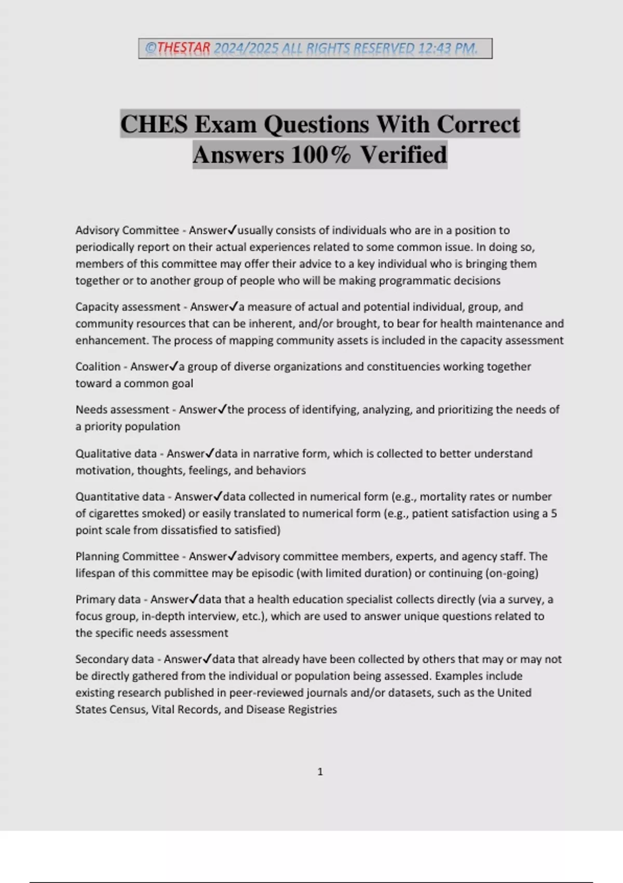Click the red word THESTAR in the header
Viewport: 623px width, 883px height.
pos(183,48)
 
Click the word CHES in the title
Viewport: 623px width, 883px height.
pos(154,125)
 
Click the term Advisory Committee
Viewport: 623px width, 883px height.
pos(127,230)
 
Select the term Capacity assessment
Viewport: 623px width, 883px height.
pos(128,307)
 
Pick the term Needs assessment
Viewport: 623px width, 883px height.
pos(122,410)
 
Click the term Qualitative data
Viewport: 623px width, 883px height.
pos(116,453)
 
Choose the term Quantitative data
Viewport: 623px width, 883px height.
pos(120,497)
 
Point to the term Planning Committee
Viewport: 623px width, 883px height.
pos(127,556)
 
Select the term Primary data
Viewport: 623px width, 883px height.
pos(108,599)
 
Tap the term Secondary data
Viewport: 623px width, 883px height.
pos(114,659)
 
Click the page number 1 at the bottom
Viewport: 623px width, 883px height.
pos(320,772)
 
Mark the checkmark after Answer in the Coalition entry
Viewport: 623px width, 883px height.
pos(174,366)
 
